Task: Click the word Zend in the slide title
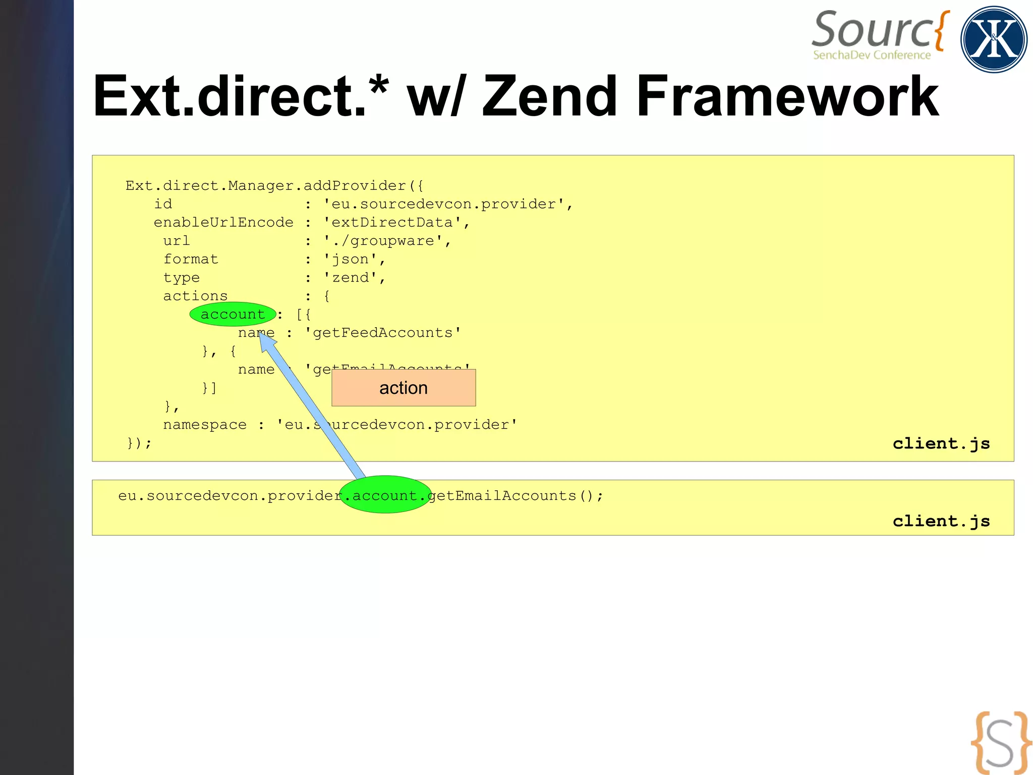click(x=550, y=96)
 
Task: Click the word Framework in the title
click(x=787, y=96)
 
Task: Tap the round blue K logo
click(x=993, y=39)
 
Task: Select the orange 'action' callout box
click(x=404, y=388)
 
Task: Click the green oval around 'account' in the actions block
click(x=233, y=314)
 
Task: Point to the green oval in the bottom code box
click(x=385, y=495)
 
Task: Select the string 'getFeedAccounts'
click(x=382, y=333)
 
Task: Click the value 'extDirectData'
click(x=392, y=223)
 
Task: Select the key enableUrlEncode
click(x=223, y=223)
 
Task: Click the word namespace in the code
click(x=205, y=425)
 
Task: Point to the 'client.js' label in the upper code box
click(x=941, y=443)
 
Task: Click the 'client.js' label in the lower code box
click(x=941, y=521)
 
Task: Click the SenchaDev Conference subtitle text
click(x=872, y=55)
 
